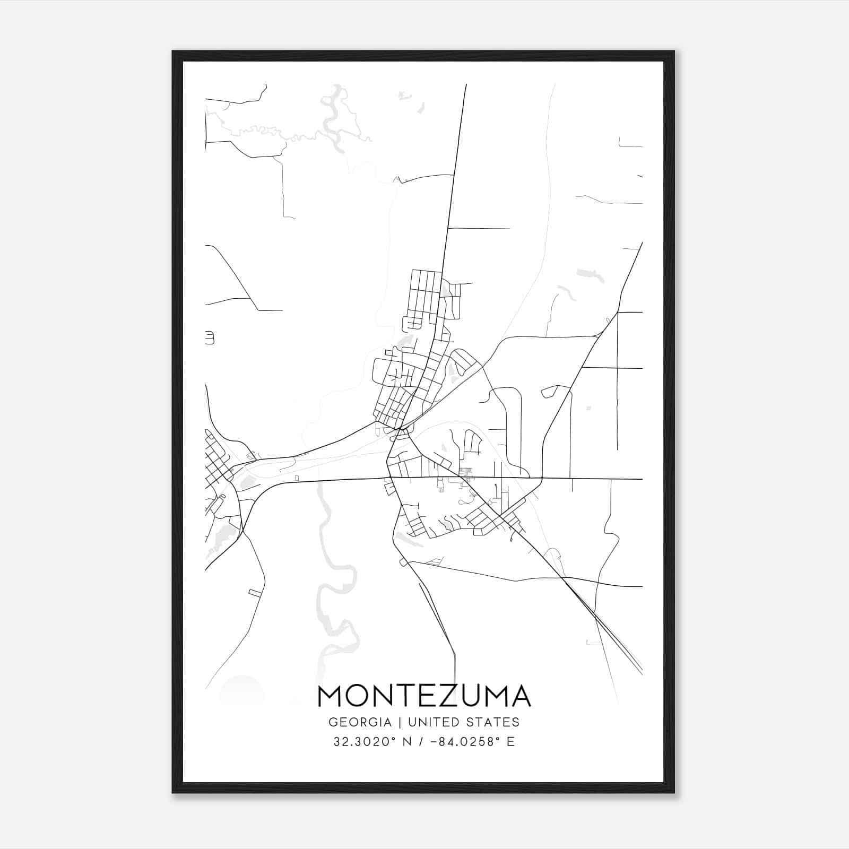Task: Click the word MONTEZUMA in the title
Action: [424, 696]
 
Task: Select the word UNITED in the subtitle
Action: [434, 722]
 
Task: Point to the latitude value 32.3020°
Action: [367, 742]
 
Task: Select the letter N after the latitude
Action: [408, 742]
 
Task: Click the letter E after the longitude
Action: [510, 742]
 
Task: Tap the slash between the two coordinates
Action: [421, 742]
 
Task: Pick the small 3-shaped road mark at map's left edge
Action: [210, 337]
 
